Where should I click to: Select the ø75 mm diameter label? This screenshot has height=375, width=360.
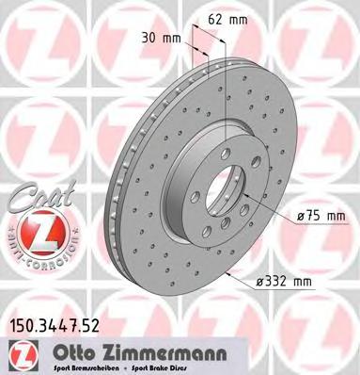pyautogui.click(x=321, y=216)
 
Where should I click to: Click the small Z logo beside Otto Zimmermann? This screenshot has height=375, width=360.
pyautogui.click(x=21, y=351)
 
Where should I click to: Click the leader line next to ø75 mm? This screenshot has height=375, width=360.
pyautogui.click(x=273, y=216)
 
